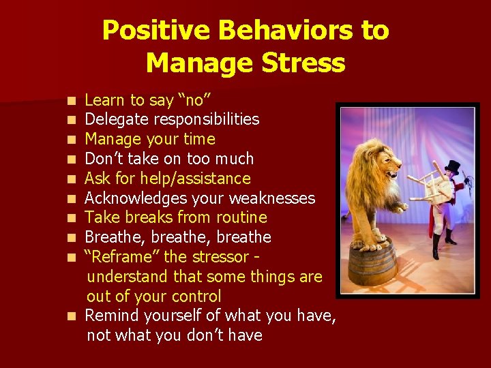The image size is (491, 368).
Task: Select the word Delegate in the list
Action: pos(112,120)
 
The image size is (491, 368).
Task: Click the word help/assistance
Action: pos(195,179)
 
